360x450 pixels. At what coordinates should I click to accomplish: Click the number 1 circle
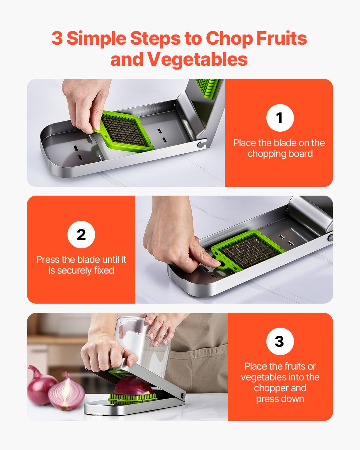pos(280,118)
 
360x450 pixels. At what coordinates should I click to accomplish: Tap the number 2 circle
pos(81,234)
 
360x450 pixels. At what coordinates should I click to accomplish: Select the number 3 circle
pos(280,341)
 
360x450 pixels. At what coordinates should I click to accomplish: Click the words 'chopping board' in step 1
pos(280,154)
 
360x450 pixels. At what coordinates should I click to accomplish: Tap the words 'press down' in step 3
pos(280,399)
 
